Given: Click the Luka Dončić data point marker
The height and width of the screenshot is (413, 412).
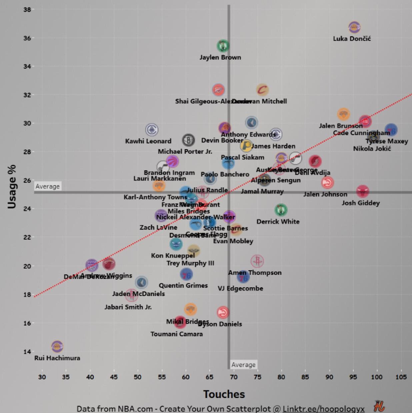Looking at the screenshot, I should [x=354, y=27].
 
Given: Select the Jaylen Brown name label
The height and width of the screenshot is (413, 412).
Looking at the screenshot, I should [x=220, y=57].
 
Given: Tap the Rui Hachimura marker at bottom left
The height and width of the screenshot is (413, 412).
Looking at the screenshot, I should [x=57, y=347].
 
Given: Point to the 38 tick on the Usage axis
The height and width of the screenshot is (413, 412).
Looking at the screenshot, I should [x=27, y=10].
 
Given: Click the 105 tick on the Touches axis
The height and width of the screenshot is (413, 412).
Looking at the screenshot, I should [x=401, y=377].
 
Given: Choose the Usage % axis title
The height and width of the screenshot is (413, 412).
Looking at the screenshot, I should [x=12, y=186].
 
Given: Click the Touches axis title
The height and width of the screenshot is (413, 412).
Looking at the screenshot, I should [x=224, y=394].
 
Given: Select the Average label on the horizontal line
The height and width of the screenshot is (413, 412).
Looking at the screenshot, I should [x=48, y=186].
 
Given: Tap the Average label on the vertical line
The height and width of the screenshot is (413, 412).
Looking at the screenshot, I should [x=243, y=365].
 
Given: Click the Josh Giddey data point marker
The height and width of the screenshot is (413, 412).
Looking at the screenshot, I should [x=362, y=191].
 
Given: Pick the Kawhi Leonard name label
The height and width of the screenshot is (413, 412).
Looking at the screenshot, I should [x=148, y=141].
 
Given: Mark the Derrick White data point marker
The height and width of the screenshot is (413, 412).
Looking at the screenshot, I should [x=281, y=210].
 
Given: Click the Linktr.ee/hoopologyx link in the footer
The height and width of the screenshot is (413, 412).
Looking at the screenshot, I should [x=323, y=409].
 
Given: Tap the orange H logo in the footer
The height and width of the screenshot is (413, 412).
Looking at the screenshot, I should [x=379, y=406].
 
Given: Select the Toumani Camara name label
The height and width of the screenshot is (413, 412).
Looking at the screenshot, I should [x=176, y=334].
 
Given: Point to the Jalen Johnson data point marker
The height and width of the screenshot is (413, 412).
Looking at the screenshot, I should [x=327, y=182].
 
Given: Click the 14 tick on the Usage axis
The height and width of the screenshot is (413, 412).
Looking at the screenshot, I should [x=27, y=352].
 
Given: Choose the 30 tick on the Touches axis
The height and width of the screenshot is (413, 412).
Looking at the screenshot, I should [x=42, y=377].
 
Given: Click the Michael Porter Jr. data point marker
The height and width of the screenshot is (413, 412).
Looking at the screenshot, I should [x=188, y=140].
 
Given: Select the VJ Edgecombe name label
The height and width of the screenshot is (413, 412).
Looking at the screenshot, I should [x=240, y=289].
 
